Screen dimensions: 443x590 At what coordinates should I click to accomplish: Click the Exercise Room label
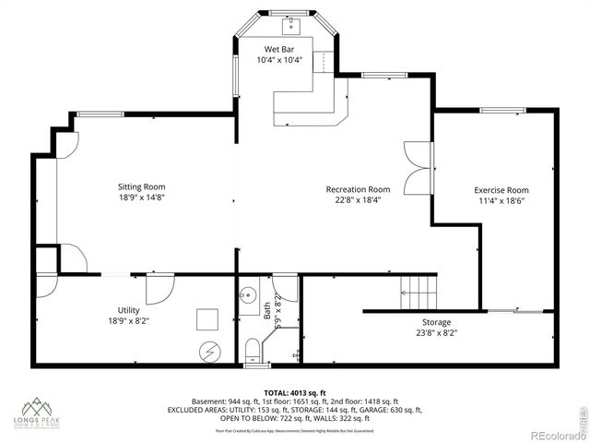(x=501, y=190)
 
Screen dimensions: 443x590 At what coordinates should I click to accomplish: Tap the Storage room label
(x=436, y=322)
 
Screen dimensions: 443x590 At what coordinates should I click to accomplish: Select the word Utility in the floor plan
(x=128, y=310)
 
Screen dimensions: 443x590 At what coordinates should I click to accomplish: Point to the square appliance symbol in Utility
(x=206, y=318)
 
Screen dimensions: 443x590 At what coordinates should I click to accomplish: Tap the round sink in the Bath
(x=247, y=297)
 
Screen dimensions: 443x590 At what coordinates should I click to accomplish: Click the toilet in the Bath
(x=251, y=349)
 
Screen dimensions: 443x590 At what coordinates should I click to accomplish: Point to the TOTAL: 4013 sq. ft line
(x=294, y=392)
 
